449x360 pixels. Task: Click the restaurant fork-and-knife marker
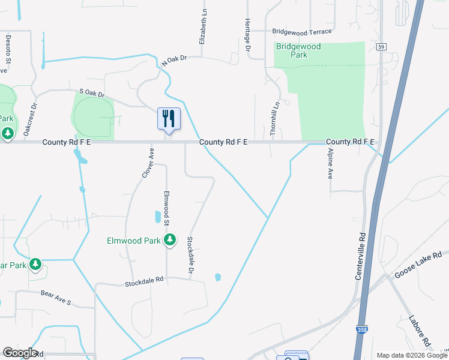[x=169, y=118]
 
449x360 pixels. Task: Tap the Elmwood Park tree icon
[x=170, y=240]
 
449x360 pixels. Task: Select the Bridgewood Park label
[x=298, y=50]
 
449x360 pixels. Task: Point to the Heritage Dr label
[x=247, y=30]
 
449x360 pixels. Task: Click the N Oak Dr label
[x=175, y=60]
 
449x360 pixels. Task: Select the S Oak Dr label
[x=92, y=94]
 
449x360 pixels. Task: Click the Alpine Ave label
[x=330, y=165]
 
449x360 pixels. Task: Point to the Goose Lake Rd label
[x=418, y=264]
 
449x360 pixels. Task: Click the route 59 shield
[x=381, y=46]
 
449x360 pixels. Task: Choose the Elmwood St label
[x=166, y=208]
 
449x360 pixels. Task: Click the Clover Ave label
[x=148, y=163]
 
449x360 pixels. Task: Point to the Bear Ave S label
[x=56, y=298]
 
